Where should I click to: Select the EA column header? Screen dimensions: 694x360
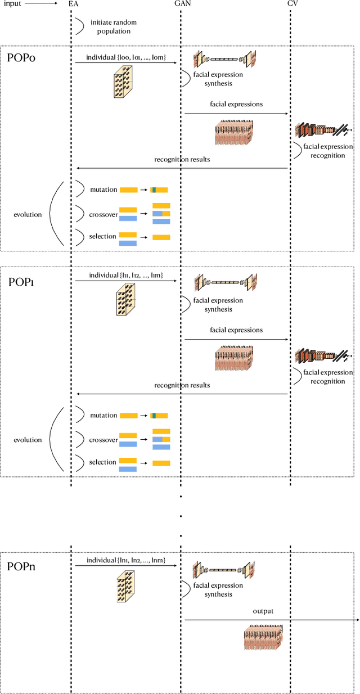[73, 4]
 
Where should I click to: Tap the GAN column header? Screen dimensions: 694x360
[182, 4]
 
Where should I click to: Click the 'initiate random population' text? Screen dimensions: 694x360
[114, 26]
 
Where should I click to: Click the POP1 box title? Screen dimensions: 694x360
[21, 282]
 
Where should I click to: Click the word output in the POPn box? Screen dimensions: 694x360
[263, 611]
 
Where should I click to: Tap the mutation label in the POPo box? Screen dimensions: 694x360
[103, 190]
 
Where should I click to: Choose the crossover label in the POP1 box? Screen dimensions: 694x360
[103, 440]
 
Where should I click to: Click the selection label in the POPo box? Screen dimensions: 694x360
[102, 236]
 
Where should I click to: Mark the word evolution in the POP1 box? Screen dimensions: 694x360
[28, 440]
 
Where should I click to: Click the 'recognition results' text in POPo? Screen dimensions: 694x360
[182, 159]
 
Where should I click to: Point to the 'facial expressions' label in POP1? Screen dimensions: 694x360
[236, 330]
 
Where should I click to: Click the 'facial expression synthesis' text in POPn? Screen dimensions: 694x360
[218, 589]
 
